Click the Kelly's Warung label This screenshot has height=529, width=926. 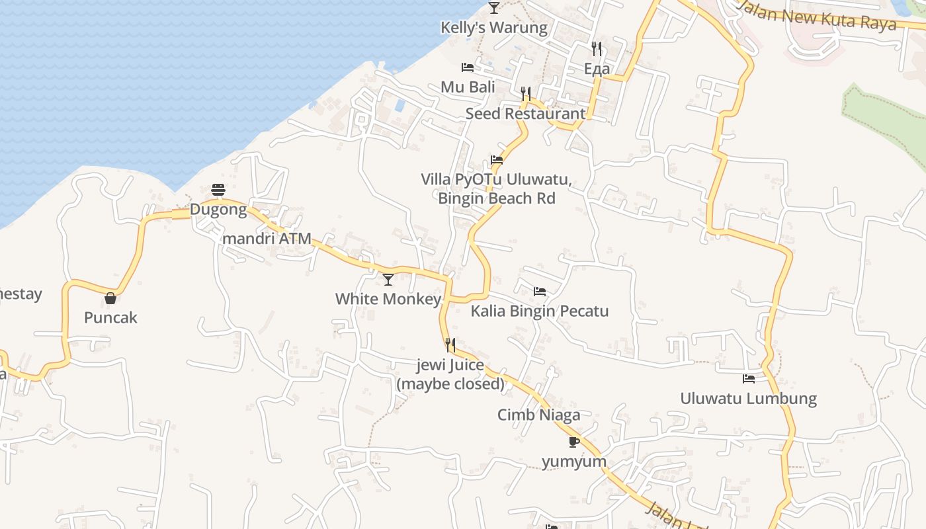[494, 28]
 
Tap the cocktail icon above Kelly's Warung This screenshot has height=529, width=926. [494, 8]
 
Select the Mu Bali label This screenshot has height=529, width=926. [468, 87]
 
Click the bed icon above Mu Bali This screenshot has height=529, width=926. [468, 67]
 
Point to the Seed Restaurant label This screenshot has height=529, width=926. [525, 113]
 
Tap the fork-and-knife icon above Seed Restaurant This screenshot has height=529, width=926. [526, 93]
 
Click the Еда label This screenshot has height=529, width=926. [597, 69]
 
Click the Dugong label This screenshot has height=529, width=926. [218, 210]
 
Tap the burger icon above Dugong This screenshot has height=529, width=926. [218, 190]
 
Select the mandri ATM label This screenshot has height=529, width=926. [267, 238]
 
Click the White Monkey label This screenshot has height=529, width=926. [388, 299]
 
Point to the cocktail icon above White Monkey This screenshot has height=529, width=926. [388, 280]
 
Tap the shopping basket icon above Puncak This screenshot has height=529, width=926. [110, 299]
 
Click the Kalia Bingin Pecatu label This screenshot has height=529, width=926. [540, 311]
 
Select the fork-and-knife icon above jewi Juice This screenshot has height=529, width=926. [450, 345]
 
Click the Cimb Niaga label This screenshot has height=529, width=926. [539, 415]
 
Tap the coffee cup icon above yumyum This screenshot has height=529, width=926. [573, 442]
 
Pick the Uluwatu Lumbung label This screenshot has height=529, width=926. [749, 399]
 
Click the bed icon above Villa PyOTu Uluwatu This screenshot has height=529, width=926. [497, 160]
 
